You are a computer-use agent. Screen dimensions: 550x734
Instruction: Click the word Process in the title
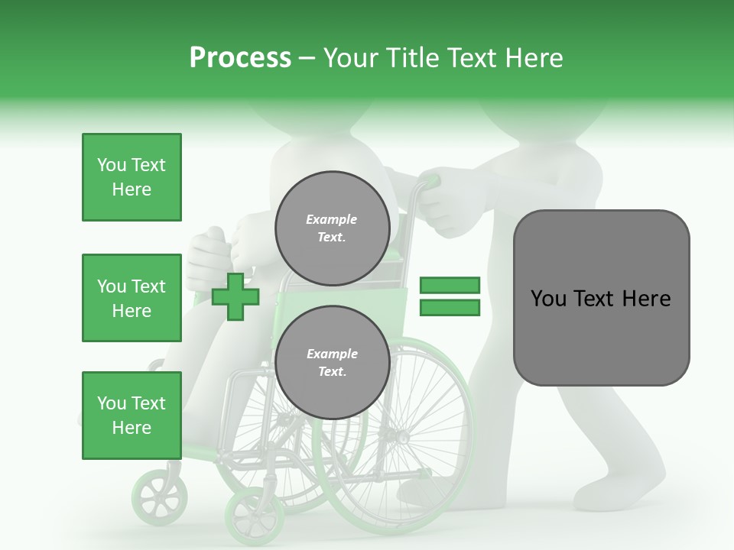(240, 57)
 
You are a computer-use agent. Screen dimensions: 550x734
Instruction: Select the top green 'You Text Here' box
(132, 177)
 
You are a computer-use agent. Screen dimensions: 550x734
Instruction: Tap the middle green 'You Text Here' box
(132, 298)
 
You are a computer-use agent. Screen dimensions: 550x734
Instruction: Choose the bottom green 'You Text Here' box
(132, 416)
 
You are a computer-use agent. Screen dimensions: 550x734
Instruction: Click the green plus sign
(235, 296)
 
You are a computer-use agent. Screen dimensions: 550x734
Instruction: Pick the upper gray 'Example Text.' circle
(332, 228)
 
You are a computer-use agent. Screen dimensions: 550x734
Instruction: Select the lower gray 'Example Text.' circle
(332, 363)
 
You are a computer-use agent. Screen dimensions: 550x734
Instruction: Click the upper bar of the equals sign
(450, 285)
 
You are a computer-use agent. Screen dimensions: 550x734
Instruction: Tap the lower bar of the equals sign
(450, 307)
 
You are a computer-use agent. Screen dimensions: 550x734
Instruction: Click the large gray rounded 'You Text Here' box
(601, 298)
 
